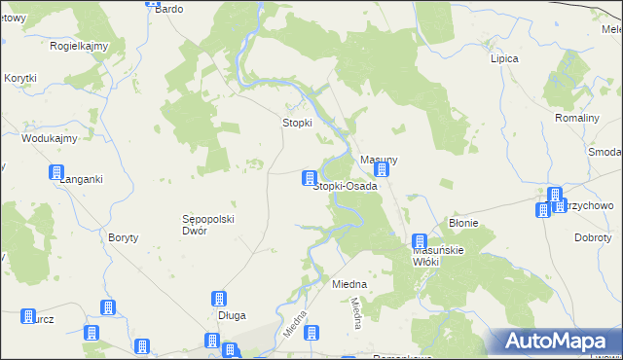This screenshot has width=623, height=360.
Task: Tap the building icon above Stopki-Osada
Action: coord(310,178)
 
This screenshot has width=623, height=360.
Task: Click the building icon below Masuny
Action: coord(382,170)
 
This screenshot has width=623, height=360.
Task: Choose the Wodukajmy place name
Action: coord(50,139)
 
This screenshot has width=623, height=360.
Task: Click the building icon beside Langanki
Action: coord(56,173)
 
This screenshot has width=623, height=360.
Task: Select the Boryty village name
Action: coord(125,237)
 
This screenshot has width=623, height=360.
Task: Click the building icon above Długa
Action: coord(220,300)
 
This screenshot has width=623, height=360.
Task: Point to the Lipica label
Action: coord(504,58)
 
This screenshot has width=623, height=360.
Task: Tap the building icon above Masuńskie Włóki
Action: coord(420,241)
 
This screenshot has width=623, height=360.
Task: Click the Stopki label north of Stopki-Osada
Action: coord(297,123)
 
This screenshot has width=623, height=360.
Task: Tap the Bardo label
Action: coord(169,9)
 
